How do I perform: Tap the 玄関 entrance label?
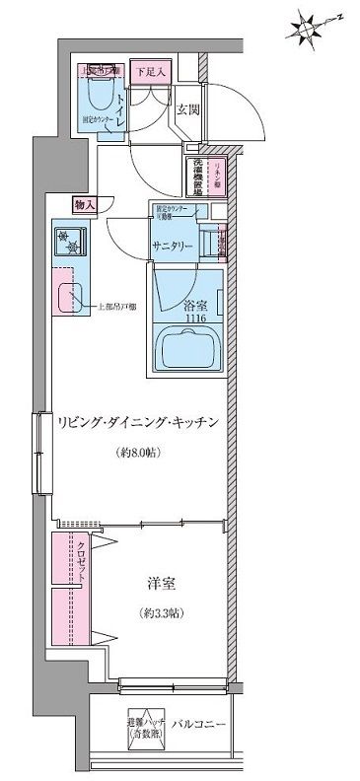188,110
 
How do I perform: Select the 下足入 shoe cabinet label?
150,72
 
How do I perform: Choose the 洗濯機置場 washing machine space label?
198,177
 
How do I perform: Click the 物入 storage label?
85,204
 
